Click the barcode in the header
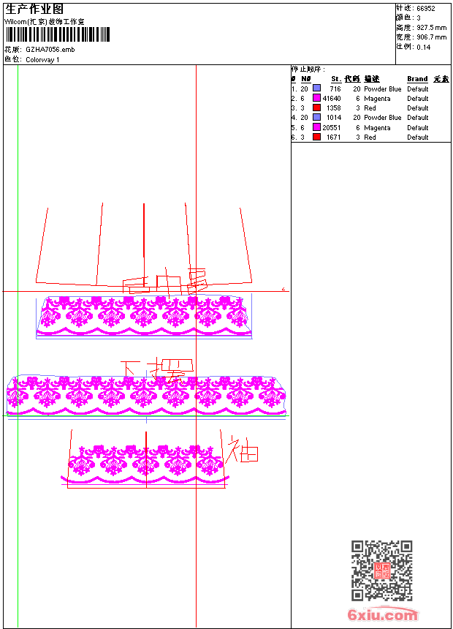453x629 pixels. click(x=58, y=34)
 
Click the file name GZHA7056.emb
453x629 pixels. click(x=50, y=50)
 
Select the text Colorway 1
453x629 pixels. click(x=42, y=60)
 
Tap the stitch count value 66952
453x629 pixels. click(x=426, y=9)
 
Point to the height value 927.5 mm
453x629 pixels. click(x=431, y=28)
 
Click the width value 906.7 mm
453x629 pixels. click(x=431, y=37)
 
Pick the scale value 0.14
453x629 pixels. click(x=424, y=47)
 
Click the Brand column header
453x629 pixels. click(x=417, y=79)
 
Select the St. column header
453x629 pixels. click(x=336, y=79)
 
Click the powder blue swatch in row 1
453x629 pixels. click(x=316, y=88)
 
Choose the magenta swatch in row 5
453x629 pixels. click(x=316, y=127)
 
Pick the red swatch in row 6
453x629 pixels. click(x=316, y=137)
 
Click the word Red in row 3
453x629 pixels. click(x=370, y=108)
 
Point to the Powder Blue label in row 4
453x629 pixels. click(x=382, y=118)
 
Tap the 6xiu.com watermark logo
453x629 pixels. click(x=383, y=615)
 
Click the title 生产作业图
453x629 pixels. click(x=34, y=9)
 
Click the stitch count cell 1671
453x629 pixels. click(x=333, y=138)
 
